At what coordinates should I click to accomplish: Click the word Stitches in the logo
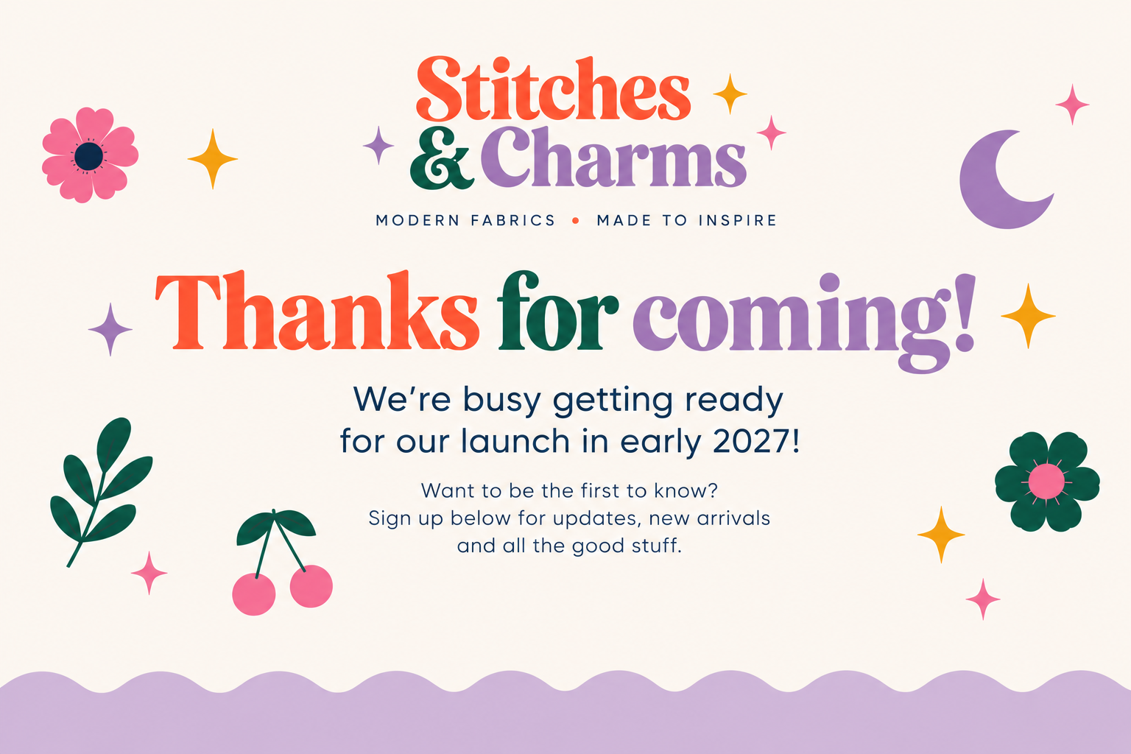[x=554, y=88]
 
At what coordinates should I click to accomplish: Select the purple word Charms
[x=613, y=157]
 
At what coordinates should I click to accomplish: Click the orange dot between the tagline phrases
[x=576, y=220]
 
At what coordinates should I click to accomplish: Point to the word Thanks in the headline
[x=317, y=311]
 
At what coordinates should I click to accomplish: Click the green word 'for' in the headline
[x=558, y=311]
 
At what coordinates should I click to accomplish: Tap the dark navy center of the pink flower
[x=89, y=156]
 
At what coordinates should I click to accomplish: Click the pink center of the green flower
[x=1046, y=482]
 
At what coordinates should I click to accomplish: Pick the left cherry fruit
[x=254, y=594]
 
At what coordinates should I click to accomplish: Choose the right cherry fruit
[x=311, y=586]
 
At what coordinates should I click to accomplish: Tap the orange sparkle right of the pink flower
[x=213, y=159]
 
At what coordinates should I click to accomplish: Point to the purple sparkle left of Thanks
[x=110, y=329]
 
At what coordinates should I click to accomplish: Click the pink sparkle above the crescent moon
[x=1072, y=105]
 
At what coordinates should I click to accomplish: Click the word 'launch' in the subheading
[x=515, y=441]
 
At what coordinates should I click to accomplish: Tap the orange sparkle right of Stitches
[x=730, y=94]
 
